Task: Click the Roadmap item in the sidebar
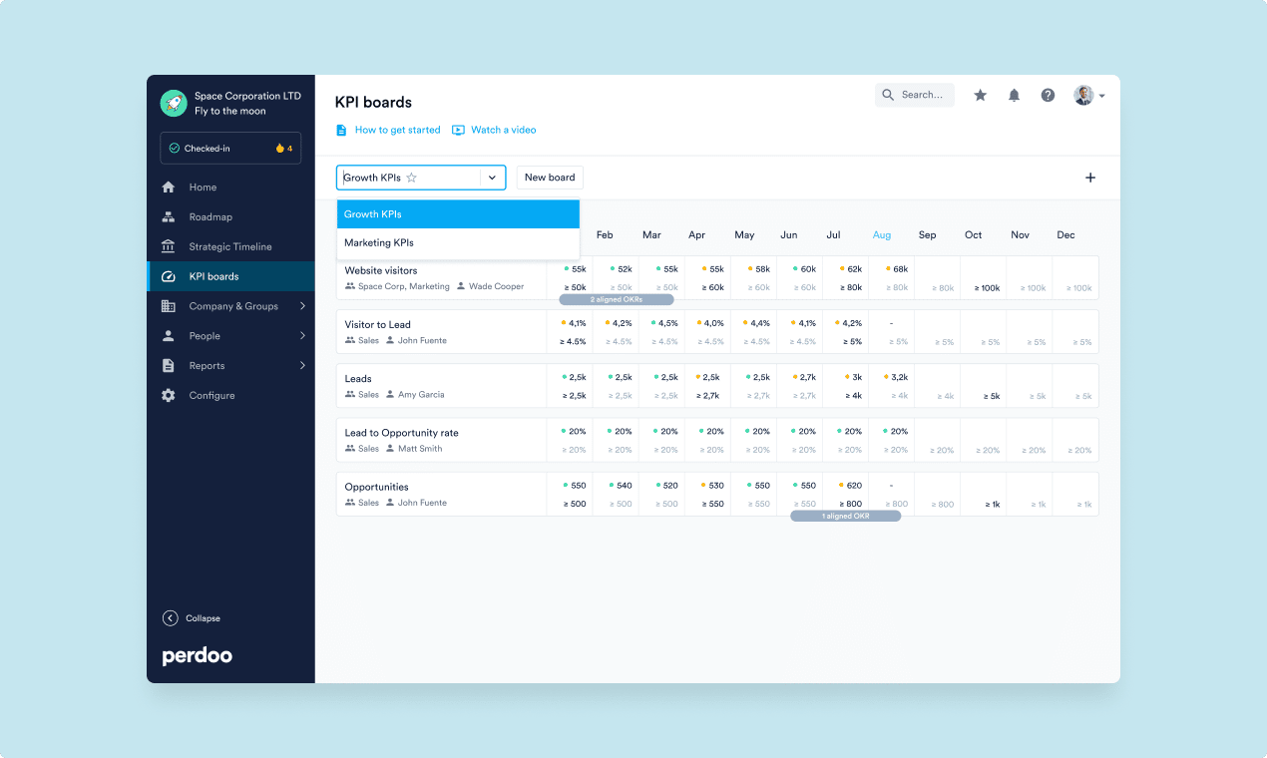210,217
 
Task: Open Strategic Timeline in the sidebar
229,247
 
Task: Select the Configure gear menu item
211,396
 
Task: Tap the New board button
550,178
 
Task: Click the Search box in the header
915,95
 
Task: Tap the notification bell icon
1014,96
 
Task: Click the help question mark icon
1048,96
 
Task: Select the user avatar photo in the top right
1083,96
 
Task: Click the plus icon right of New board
1090,178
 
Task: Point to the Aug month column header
882,235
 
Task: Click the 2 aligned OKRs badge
617,299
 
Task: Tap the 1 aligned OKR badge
845,516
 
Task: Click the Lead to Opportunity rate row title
401,433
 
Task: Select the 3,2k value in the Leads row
899,378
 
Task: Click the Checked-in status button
230,149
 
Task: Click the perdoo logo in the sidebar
198,656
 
